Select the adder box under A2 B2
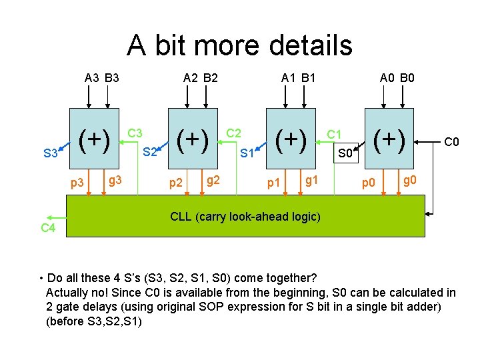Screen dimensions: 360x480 click(193, 141)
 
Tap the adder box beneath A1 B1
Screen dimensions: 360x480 click(290, 141)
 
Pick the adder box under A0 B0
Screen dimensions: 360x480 click(389, 141)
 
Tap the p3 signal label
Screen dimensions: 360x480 click(77, 183)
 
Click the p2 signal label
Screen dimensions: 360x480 click(176, 183)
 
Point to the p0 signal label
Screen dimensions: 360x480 click(369, 183)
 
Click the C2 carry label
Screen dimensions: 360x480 click(234, 133)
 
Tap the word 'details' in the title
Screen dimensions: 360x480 click(309, 45)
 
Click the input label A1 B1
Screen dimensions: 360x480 click(298, 78)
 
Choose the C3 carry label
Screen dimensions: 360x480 click(135, 133)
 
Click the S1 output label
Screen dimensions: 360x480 click(248, 153)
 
